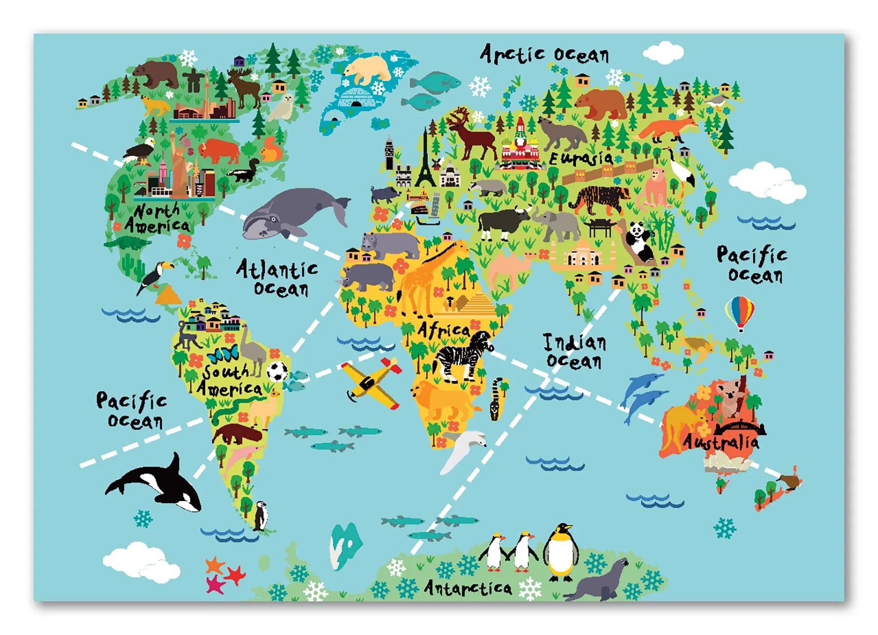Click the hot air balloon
pos(739,312)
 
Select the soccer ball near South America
pos(278,371)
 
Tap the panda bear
pos(639,241)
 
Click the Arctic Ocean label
pos(544,54)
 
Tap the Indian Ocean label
pos(575,352)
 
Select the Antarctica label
pos(468,588)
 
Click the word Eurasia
pos(581,158)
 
